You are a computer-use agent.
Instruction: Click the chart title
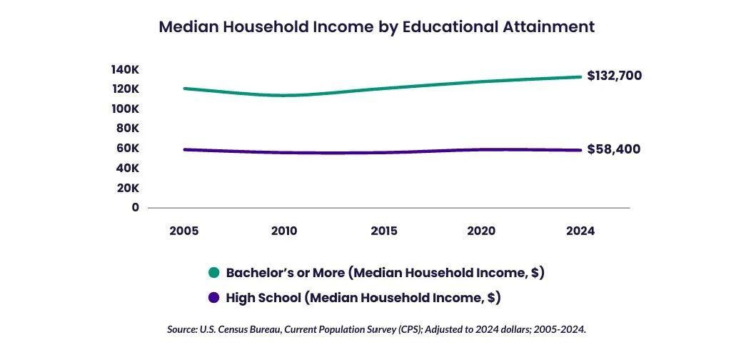point(376,27)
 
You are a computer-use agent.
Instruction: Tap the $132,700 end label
point(614,76)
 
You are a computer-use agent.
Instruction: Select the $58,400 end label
point(613,149)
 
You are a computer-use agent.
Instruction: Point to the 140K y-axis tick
point(125,69)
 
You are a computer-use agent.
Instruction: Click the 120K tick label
point(125,89)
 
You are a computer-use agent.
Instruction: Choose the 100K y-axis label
point(125,109)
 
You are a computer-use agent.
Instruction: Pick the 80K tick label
point(128,129)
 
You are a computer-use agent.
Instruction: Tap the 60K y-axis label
point(128,149)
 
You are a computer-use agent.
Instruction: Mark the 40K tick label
point(128,168)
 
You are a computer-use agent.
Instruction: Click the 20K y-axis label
point(128,188)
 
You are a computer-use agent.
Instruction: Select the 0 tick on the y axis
point(135,207)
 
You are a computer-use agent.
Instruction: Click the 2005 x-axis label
point(184,231)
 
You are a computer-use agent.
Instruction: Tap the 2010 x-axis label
point(284,231)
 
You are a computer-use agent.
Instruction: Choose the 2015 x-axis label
point(384,231)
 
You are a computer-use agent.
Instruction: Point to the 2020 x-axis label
point(481,231)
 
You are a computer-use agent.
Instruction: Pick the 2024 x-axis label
point(580,231)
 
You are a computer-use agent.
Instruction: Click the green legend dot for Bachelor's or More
point(213,273)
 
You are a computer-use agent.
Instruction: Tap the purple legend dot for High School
point(213,297)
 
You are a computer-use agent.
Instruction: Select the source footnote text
point(376,329)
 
